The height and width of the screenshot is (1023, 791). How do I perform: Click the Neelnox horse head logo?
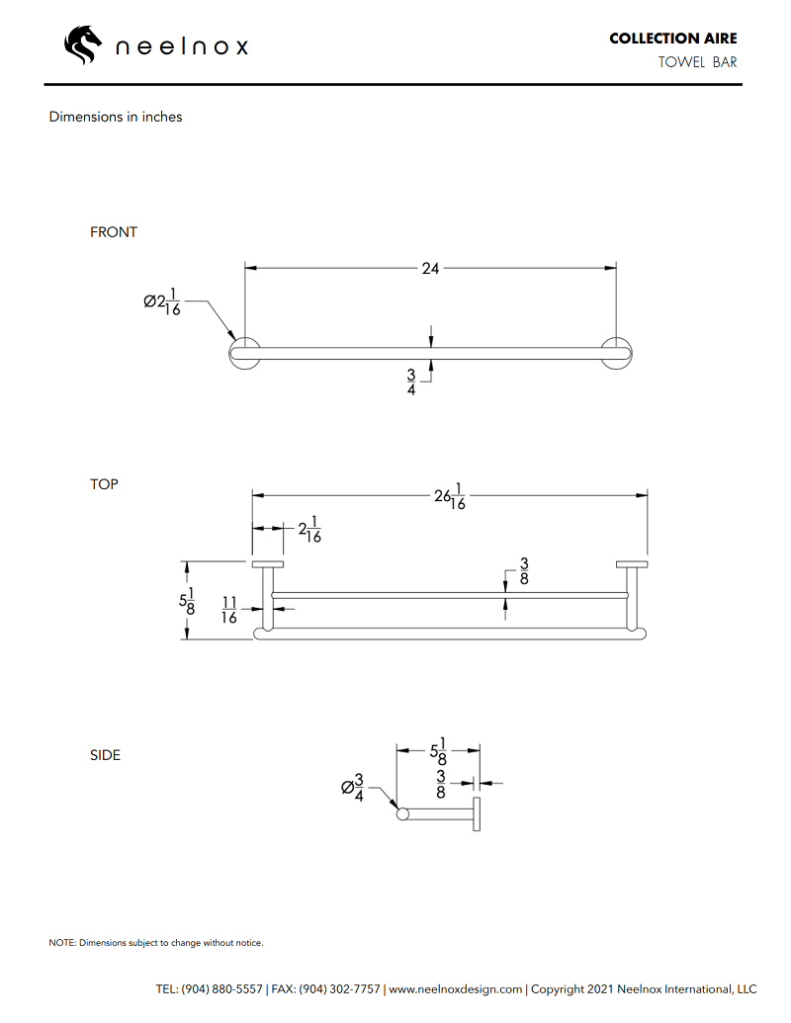[x=83, y=44]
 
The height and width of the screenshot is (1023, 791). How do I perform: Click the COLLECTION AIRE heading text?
[x=672, y=39]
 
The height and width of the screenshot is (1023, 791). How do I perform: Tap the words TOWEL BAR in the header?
[x=698, y=63]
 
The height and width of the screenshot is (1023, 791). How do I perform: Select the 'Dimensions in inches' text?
[x=116, y=117]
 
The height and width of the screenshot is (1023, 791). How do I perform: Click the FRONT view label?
[x=114, y=232]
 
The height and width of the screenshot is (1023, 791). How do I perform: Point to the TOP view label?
[x=104, y=484]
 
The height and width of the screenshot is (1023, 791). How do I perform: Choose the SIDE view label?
[x=105, y=755]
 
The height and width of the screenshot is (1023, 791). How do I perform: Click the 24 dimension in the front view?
[x=430, y=268]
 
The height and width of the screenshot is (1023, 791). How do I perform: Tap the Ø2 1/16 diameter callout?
[x=162, y=301]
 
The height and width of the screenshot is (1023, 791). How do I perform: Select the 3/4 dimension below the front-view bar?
[x=411, y=383]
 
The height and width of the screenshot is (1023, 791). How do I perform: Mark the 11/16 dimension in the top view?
[x=228, y=610]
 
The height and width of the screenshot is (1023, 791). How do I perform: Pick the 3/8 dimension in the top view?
[x=524, y=571]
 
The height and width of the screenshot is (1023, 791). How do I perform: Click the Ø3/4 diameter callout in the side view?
[x=353, y=788]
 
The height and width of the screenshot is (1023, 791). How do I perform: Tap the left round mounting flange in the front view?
[x=244, y=353]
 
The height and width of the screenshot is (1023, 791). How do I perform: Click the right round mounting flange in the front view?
[x=618, y=353]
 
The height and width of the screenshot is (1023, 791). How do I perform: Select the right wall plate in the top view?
[x=632, y=564]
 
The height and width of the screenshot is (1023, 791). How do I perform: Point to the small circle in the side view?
[x=402, y=814]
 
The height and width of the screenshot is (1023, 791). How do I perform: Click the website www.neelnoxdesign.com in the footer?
[x=456, y=989]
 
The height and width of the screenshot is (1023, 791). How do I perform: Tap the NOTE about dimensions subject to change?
[x=156, y=943]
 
